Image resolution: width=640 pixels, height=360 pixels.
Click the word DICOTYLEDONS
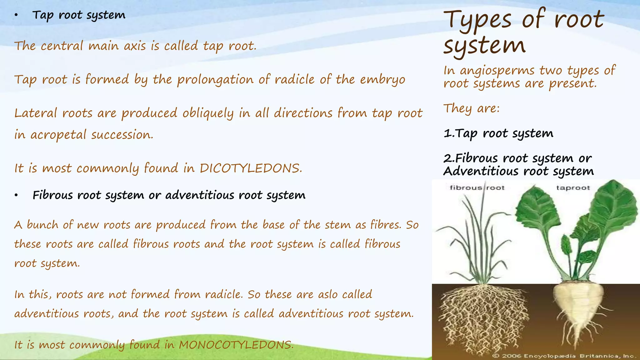pos(251,168)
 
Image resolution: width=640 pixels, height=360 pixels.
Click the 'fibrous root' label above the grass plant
pos(477,188)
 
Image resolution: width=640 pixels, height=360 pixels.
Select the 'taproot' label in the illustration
pos(573,188)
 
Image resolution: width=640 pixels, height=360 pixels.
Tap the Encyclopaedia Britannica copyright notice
pos(564,356)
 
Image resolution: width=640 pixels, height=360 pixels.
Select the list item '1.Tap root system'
pos(498,133)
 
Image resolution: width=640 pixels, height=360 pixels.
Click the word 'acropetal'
pos(58,135)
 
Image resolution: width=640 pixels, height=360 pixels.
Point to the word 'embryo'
pos(382,80)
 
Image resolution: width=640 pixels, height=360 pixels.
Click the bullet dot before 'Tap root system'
pos(16,15)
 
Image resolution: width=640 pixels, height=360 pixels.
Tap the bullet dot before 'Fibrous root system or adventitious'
pos(16,196)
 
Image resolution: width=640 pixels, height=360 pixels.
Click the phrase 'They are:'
pos(472,108)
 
